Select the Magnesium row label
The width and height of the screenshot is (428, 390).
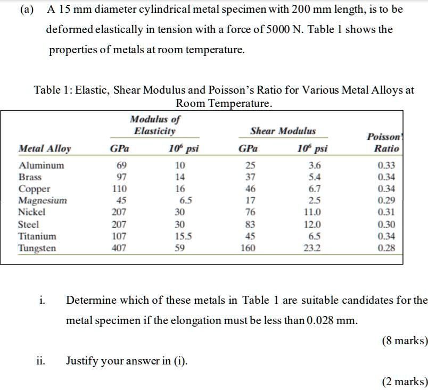click(x=43, y=201)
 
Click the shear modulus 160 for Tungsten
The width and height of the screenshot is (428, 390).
click(x=248, y=248)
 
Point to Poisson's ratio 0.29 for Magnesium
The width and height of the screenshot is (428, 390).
click(x=386, y=201)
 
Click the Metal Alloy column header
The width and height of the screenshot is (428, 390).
click(x=45, y=148)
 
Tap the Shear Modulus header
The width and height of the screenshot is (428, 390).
click(x=283, y=131)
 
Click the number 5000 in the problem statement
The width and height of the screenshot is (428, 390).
click(x=289, y=29)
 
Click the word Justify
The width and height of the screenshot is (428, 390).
click(x=83, y=361)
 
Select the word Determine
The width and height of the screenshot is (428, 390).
click(x=89, y=300)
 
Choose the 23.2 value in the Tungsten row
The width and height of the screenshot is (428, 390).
click(x=311, y=248)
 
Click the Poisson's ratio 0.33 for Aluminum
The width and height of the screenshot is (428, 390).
click(x=386, y=165)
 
